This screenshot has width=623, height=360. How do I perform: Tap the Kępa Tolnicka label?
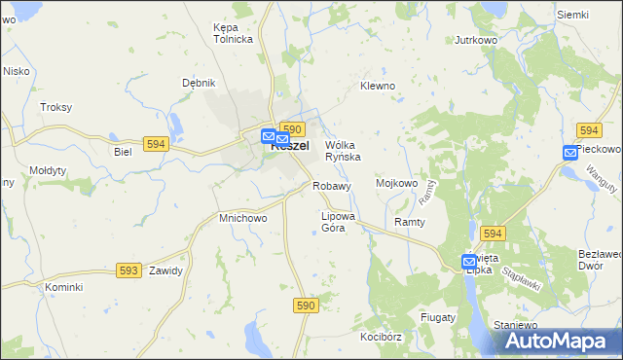coord(233,33)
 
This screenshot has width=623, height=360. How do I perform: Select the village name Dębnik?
coord(199,83)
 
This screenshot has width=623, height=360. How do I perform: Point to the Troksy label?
coord(55,107)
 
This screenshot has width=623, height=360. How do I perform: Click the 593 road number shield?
coord(128,270)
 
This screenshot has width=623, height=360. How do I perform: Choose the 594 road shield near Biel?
coord(154,143)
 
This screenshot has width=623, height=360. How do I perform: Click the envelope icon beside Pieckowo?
coord(570,152)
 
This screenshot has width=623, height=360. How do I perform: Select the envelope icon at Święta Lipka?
coord(469,261)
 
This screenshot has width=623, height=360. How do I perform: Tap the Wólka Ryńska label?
coord(343,151)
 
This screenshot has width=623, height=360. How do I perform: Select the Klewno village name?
coord(378,86)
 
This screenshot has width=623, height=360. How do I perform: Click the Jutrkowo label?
coord(477,41)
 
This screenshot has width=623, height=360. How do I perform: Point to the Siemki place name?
coord(573,15)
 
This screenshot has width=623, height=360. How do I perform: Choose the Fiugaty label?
coord(438,317)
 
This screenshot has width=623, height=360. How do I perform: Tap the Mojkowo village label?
coord(396,182)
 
